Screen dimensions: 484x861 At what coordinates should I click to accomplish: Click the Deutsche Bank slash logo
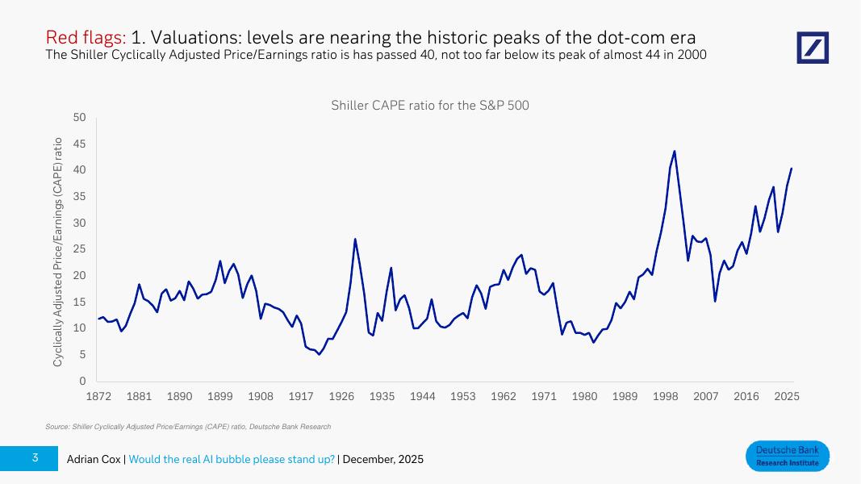pos(813,48)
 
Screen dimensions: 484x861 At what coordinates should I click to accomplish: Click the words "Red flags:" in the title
pos(86,37)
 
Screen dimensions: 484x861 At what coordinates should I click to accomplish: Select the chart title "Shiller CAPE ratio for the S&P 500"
pos(430,106)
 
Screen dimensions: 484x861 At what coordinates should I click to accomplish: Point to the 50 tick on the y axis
pos(79,118)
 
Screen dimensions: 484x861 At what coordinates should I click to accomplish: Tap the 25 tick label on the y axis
pos(79,249)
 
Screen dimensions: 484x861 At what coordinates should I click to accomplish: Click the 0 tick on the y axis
pos(82,381)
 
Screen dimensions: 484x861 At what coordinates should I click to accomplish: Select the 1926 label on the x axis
pos(341,397)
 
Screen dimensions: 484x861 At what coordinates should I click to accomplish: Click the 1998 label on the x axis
pos(666,397)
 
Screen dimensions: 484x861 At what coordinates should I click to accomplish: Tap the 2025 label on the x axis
pos(787,397)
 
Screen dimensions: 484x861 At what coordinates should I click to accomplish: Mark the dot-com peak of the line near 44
pos(675,151)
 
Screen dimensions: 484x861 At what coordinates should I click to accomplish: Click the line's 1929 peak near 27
pos(355,239)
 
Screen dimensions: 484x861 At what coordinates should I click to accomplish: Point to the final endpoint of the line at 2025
pos(792,169)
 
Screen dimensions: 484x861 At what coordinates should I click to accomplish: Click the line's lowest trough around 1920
pos(319,354)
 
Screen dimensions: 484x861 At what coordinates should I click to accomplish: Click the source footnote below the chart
pos(188,426)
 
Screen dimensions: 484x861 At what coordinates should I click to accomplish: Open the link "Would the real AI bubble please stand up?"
pos(232,459)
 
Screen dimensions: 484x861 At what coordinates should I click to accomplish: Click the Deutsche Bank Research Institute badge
pos(787,456)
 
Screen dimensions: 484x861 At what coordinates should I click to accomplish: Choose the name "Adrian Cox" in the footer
pos(94,459)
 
